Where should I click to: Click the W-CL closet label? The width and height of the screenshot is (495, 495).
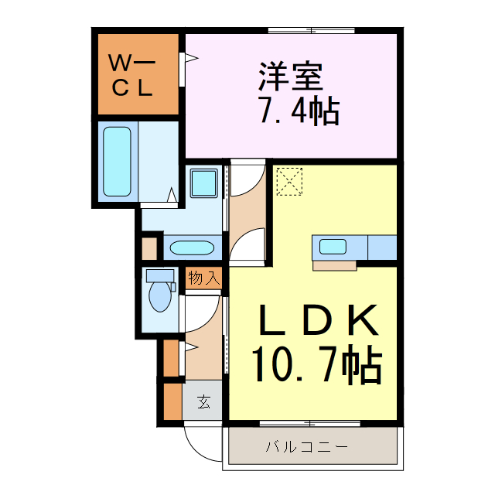(x=136, y=75)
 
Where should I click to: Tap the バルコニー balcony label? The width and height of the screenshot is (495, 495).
(x=307, y=447)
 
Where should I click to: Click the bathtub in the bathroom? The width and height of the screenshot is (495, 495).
(x=117, y=162)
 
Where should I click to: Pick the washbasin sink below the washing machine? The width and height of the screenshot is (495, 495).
(x=192, y=248)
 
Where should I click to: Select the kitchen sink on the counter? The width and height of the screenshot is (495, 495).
(x=333, y=247)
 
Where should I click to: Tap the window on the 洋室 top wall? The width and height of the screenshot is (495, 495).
(x=313, y=31)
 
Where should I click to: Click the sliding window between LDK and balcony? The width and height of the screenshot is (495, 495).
(x=309, y=423)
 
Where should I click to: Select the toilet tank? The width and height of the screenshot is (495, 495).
(x=160, y=275)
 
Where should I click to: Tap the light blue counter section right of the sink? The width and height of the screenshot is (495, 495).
(x=382, y=247)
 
